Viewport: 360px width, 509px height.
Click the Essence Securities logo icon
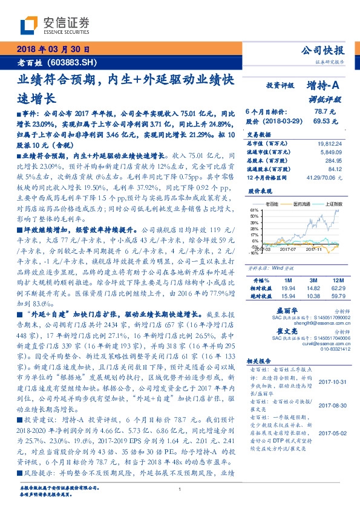point(29,24)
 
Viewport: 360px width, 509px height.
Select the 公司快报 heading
point(324,51)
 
